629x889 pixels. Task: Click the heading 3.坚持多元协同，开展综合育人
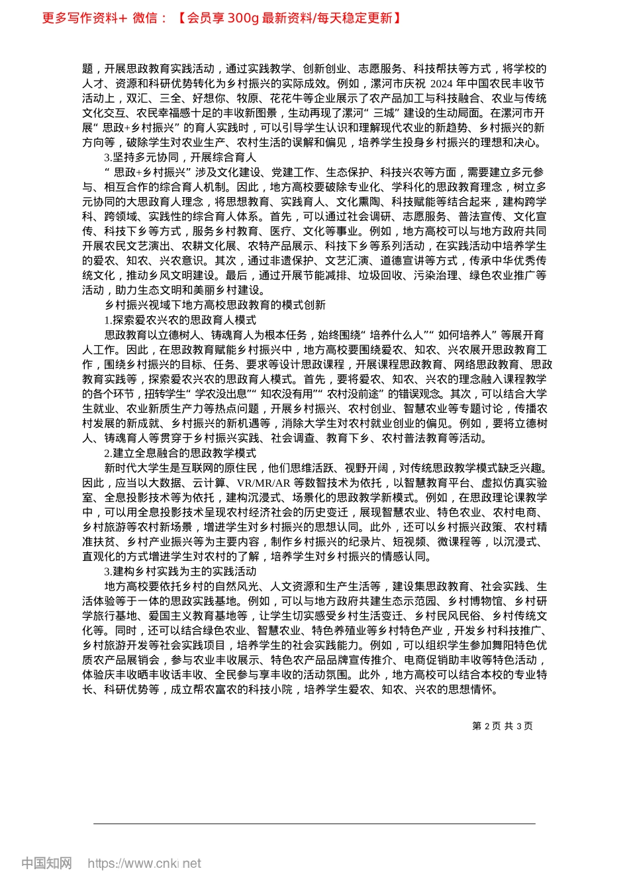(179, 157)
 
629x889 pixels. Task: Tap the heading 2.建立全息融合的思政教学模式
(179, 453)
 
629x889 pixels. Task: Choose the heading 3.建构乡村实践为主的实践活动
(179, 571)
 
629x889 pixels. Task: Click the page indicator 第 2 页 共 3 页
(503, 726)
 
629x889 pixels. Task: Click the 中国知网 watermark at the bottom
(46, 863)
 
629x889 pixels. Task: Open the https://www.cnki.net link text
(144, 863)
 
